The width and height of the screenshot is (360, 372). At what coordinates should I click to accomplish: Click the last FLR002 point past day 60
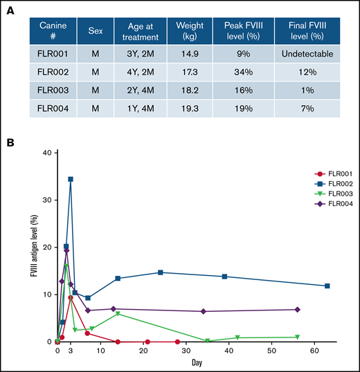point(327,286)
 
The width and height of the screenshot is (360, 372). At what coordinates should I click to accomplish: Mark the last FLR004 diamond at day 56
point(297,310)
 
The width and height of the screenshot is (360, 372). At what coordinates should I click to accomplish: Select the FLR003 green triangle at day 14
point(118,314)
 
